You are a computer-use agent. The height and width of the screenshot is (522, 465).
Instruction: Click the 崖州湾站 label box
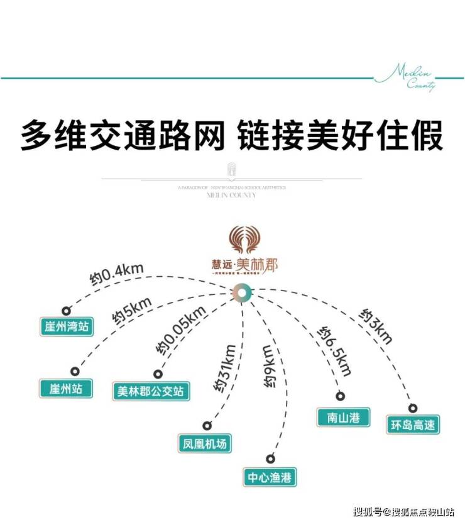[66, 326]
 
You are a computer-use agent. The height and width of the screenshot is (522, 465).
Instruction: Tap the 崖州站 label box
[61, 387]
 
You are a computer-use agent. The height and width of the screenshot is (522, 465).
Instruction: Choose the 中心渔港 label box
[270, 477]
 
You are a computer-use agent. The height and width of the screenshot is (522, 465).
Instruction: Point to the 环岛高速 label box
[412, 425]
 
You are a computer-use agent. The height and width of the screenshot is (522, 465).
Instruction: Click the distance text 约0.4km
[117, 274]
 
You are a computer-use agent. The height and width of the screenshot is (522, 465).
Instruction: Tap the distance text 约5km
[133, 311]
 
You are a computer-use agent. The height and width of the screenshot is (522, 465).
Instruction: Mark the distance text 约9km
[268, 368]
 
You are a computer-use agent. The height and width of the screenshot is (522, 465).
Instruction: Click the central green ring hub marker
[241, 292]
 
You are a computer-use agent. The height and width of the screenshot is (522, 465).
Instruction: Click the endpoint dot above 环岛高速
[413, 408]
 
